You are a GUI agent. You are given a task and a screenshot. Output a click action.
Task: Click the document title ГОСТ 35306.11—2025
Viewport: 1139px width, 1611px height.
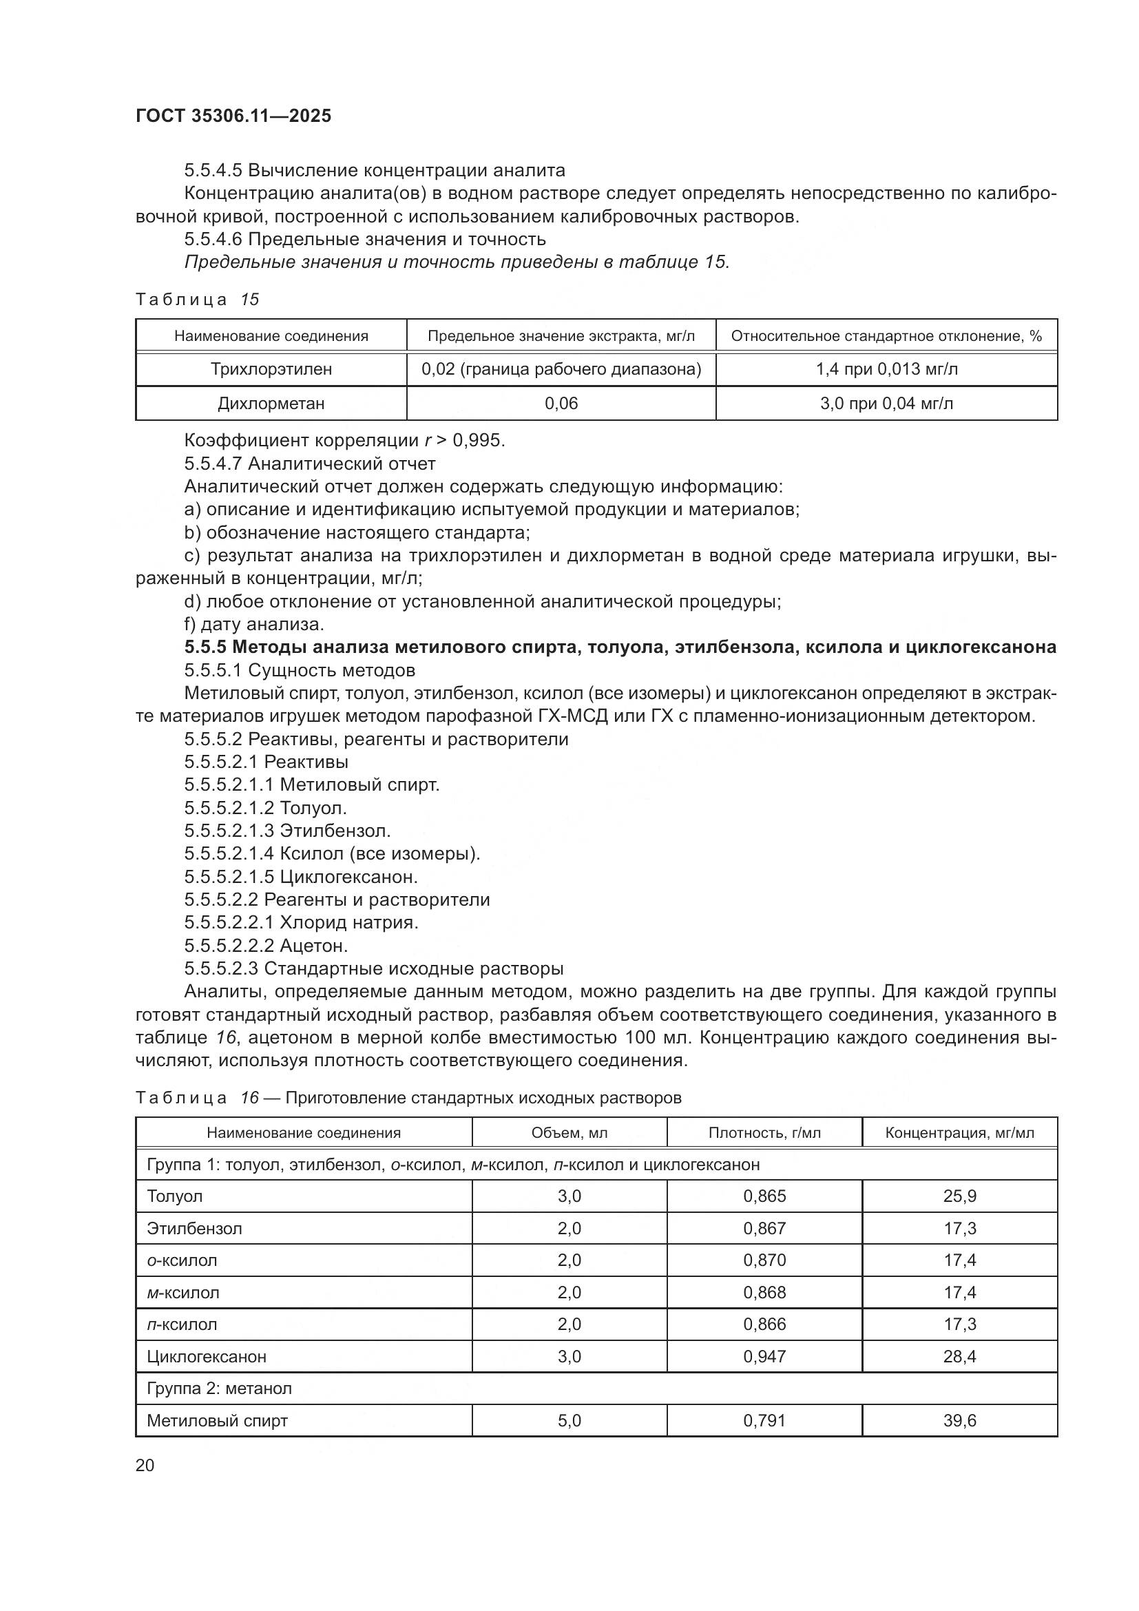tap(233, 116)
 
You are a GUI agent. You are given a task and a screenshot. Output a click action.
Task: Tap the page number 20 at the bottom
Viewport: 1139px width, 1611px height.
tap(145, 1465)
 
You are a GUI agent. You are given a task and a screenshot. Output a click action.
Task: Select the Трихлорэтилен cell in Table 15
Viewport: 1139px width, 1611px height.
tap(271, 369)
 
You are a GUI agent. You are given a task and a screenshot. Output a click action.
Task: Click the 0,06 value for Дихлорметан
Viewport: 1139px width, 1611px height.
tap(561, 404)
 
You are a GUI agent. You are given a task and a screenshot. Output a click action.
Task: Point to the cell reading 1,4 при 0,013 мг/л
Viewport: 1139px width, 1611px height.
tap(886, 369)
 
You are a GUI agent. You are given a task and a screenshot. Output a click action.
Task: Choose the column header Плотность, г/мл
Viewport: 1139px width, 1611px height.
tap(764, 1132)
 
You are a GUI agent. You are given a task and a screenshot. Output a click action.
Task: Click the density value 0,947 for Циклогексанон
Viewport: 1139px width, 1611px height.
tap(764, 1356)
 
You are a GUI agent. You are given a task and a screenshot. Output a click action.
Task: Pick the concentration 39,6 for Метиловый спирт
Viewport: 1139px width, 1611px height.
tap(959, 1421)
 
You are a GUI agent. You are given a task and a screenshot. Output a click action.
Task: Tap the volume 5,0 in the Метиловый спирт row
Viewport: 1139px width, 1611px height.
tap(569, 1421)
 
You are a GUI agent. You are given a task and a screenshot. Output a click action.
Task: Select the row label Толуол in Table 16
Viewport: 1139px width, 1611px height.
tap(175, 1196)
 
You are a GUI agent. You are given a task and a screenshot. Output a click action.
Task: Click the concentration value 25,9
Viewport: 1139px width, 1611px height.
tap(959, 1196)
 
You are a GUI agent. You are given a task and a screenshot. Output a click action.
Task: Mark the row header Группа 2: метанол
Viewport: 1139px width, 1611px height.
tap(219, 1389)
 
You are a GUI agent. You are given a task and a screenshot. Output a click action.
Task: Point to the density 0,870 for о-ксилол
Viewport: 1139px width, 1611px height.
tap(764, 1260)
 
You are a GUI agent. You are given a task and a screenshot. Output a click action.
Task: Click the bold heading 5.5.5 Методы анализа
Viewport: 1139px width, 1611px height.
tap(620, 647)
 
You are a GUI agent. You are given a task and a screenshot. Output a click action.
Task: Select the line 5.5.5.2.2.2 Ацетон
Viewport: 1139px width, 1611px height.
tap(267, 946)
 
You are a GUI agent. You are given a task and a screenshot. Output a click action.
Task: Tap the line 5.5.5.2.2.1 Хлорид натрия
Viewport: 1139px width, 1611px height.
tap(302, 923)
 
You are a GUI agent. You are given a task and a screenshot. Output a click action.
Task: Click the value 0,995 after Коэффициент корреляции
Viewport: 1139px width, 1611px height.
tap(478, 441)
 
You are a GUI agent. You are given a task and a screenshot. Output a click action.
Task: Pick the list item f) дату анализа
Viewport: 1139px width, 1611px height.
tap(254, 624)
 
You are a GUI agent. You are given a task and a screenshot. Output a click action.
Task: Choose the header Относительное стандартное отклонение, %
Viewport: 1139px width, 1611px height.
tap(886, 336)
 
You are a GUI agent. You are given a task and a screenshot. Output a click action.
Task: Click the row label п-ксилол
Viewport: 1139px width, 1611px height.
tap(182, 1324)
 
